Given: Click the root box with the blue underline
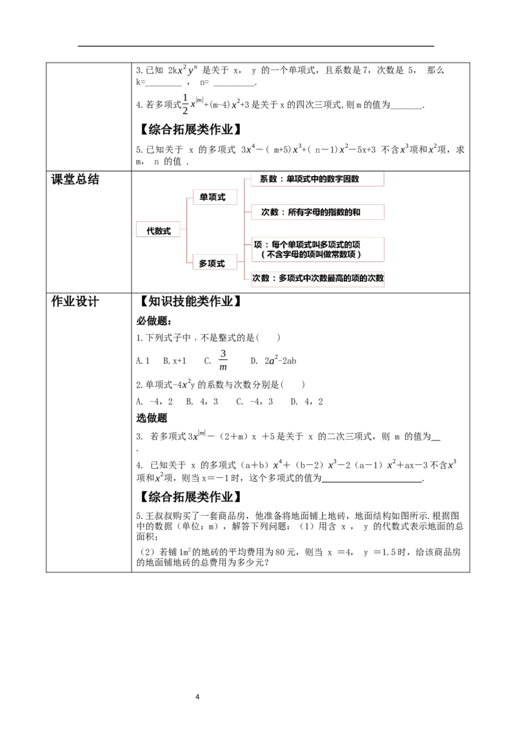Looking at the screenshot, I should pyautogui.click(x=157, y=230).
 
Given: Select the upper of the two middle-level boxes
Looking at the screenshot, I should pyautogui.click(x=214, y=196).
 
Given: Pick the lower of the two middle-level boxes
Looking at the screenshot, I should pyautogui.click(x=214, y=262).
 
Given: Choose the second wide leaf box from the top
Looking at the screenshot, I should pyautogui.click(x=317, y=212).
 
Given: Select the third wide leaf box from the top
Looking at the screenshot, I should pyautogui.click(x=319, y=248).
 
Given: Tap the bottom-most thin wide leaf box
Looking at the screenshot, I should pyautogui.click(x=317, y=279).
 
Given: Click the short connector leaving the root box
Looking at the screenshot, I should pyautogui.click(x=183, y=230).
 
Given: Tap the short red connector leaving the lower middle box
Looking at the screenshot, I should pyautogui.click(x=239, y=262).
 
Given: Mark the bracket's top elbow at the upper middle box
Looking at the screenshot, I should pyautogui.click(x=188, y=197).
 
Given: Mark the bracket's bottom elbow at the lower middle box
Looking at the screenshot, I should pyautogui.click(x=188, y=262).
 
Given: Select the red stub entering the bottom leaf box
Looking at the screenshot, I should pyautogui.click(x=247, y=279).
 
